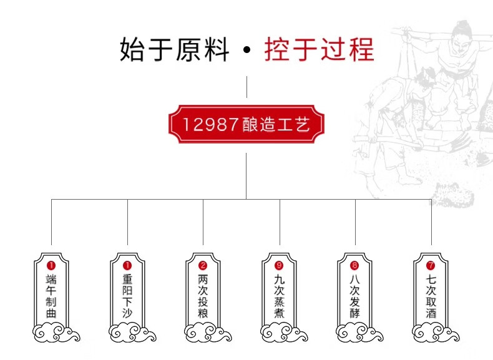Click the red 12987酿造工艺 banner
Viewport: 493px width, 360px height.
[246, 124]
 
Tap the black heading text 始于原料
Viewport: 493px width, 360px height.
[174, 49]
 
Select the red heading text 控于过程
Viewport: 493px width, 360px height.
[319, 49]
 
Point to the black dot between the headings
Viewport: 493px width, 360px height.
[247, 50]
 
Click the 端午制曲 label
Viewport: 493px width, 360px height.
[51, 296]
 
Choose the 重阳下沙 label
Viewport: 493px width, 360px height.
[127, 296]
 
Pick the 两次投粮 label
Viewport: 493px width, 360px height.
[203, 296]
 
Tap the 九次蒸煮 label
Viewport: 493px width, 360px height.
[279, 296]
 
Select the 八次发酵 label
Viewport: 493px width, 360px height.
[354, 296]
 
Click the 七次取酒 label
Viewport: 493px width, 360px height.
[431, 296]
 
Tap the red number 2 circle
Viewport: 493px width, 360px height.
[203, 266]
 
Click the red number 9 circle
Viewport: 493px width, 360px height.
[279, 266]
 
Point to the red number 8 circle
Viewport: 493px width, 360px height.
[354, 266]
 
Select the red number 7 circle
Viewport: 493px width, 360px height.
[431, 266]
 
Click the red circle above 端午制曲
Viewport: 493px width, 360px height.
[51, 266]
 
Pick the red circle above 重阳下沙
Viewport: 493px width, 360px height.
[127, 266]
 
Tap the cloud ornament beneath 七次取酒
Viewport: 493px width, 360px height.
[436, 333]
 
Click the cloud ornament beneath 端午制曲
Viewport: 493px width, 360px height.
[56, 333]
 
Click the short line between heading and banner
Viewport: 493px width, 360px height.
[246, 87]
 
